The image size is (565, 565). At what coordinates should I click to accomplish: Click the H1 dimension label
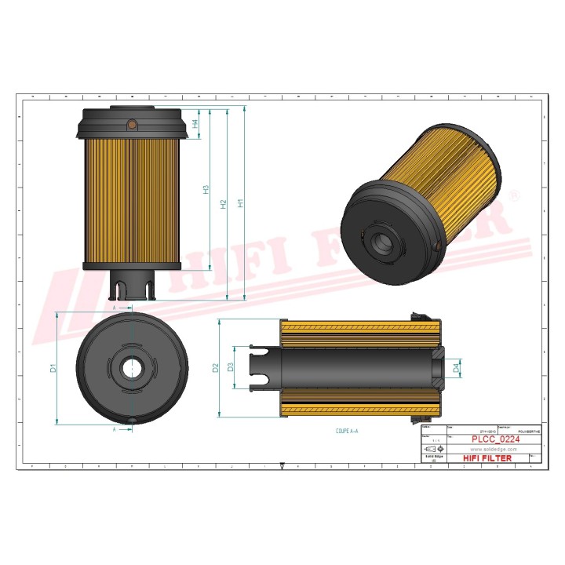click(x=242, y=202)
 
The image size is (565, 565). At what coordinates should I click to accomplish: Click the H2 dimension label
click(x=224, y=204)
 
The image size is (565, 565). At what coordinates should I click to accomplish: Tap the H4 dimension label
click(x=195, y=124)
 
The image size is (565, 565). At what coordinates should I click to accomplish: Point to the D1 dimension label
click(x=53, y=367)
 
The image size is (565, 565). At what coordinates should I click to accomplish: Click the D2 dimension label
click(x=215, y=367)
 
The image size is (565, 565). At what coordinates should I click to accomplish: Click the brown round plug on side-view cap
click(x=133, y=124)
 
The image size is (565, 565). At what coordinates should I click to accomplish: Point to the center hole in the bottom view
click(x=133, y=366)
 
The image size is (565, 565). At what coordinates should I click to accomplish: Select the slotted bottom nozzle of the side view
click(x=132, y=286)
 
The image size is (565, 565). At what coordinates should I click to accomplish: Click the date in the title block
click(x=487, y=431)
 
